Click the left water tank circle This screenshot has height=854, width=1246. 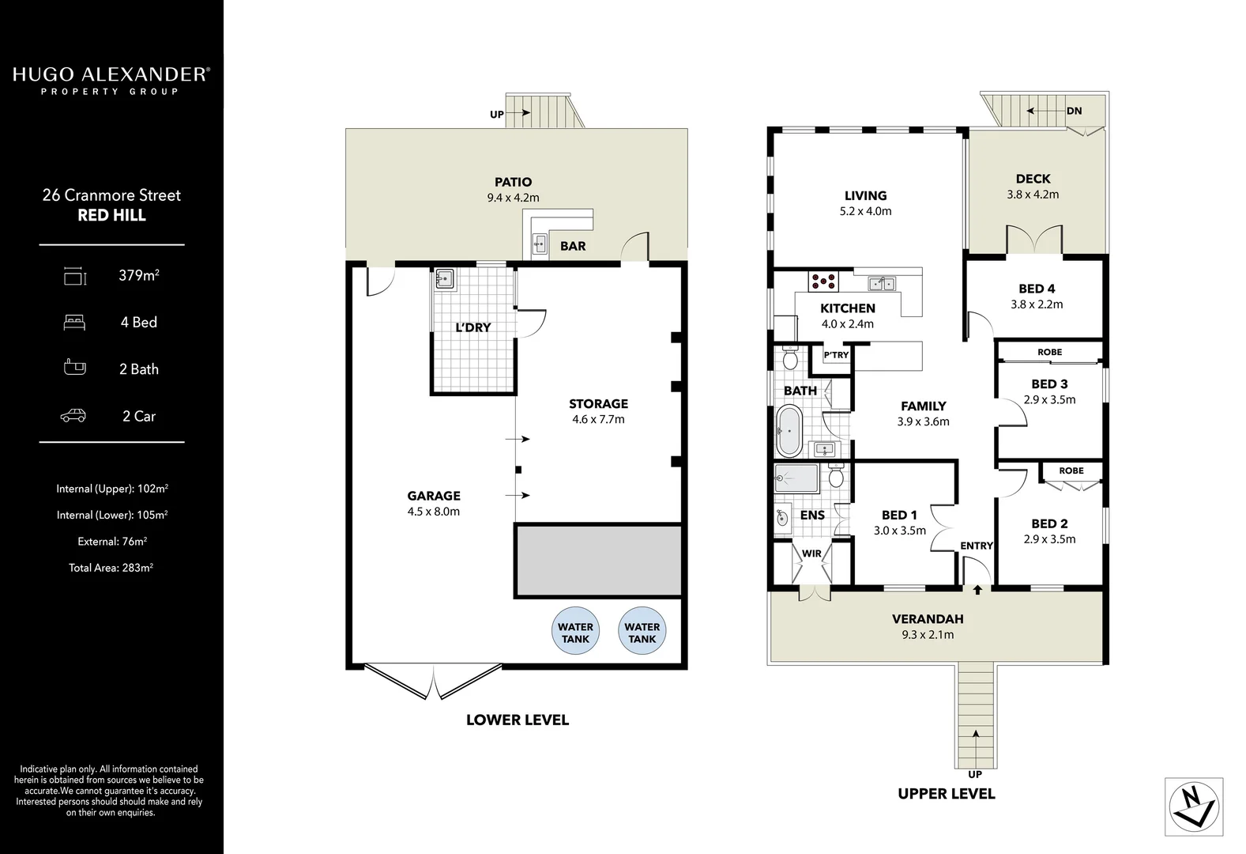pyautogui.click(x=575, y=631)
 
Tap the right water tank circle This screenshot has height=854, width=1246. pyautogui.click(x=642, y=631)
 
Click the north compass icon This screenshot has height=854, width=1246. pyautogui.click(x=1193, y=807)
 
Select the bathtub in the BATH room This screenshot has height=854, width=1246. pyautogui.click(x=789, y=431)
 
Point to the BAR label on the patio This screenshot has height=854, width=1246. pyautogui.click(x=573, y=246)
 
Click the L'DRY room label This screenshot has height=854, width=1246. pyautogui.click(x=472, y=327)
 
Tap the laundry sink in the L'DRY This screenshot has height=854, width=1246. pyautogui.click(x=444, y=279)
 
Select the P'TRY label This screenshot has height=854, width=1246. pyautogui.click(x=836, y=355)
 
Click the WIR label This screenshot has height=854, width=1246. pyautogui.click(x=811, y=554)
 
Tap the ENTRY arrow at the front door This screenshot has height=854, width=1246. pyautogui.click(x=977, y=589)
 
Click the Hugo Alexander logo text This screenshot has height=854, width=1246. pyautogui.click(x=111, y=75)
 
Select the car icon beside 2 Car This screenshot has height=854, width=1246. pyautogui.click(x=73, y=416)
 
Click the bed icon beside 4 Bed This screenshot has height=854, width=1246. pyautogui.click(x=74, y=322)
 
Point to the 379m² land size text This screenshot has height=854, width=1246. pyautogui.click(x=139, y=275)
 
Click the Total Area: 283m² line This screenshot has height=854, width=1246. pyautogui.click(x=111, y=568)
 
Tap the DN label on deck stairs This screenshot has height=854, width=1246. pyautogui.click(x=1074, y=111)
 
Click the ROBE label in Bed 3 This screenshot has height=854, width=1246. pyautogui.click(x=1049, y=352)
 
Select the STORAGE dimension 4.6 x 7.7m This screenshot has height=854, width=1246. pyautogui.click(x=598, y=420)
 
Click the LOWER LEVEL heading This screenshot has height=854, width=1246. pyautogui.click(x=517, y=720)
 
